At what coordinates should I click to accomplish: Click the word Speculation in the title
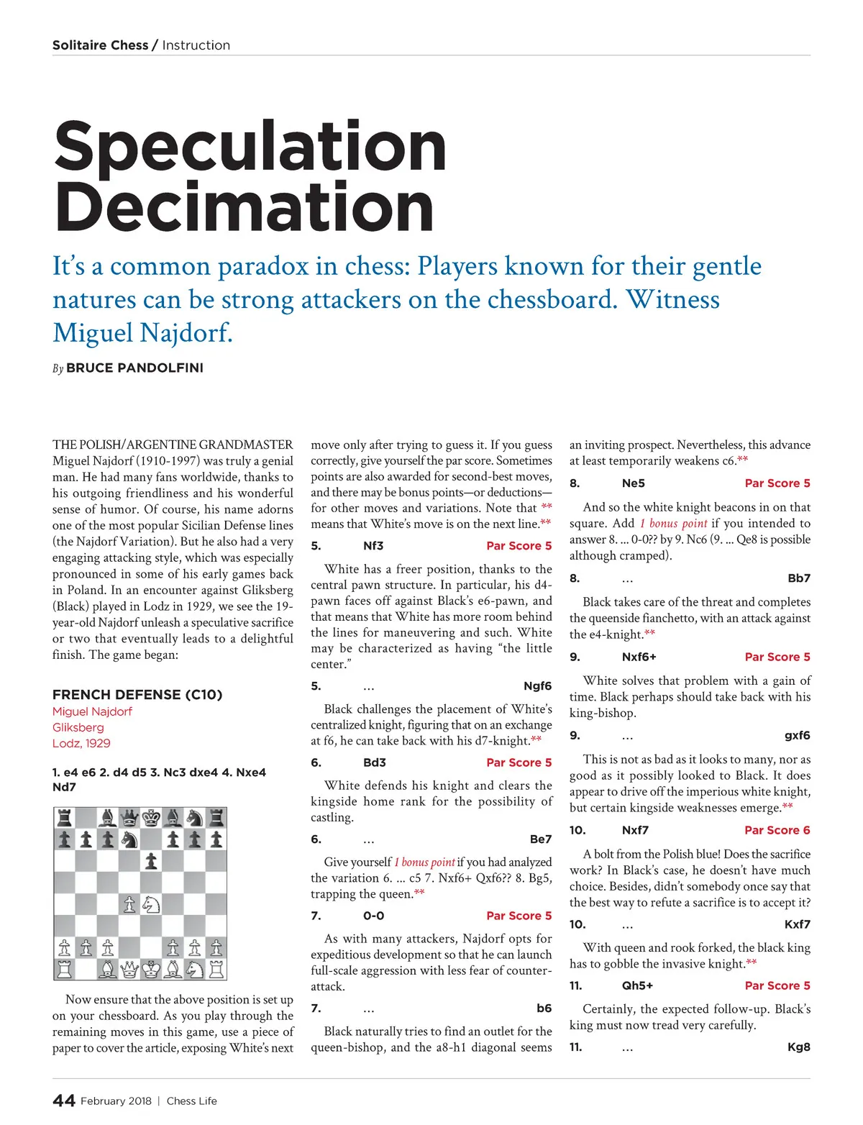click(250, 147)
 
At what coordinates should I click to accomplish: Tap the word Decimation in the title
click(244, 207)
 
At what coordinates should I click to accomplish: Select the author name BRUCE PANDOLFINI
click(134, 368)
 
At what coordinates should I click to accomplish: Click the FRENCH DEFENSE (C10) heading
click(137, 694)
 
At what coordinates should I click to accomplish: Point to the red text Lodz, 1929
click(81, 743)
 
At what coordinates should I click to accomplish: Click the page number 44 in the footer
click(63, 1101)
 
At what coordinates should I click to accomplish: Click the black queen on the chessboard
click(129, 818)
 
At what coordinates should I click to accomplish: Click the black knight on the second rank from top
click(129, 839)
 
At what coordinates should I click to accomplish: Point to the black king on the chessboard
click(151, 818)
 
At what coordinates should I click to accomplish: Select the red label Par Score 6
click(777, 830)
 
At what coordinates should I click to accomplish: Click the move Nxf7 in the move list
click(635, 830)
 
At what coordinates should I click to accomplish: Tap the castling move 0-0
click(373, 916)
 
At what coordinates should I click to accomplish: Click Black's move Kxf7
click(797, 924)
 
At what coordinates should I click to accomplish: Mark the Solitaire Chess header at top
click(100, 45)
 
